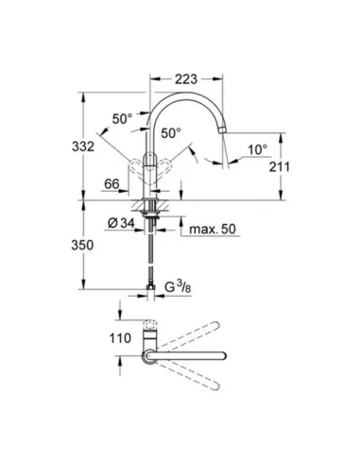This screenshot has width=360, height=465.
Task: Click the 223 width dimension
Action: [x=186, y=79]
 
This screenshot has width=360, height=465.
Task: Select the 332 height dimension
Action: [x=83, y=146]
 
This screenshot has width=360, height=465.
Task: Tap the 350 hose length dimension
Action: [x=82, y=245]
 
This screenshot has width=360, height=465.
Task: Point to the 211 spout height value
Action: [x=280, y=166]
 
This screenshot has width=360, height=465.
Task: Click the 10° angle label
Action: [x=258, y=149]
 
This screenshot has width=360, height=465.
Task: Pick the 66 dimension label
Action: [x=111, y=184]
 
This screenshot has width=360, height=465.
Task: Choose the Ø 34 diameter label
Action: [x=121, y=223]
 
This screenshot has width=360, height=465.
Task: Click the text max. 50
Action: [x=213, y=229]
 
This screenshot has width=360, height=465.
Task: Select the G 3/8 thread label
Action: [x=178, y=287]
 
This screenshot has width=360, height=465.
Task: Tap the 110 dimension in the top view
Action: [x=120, y=338]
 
